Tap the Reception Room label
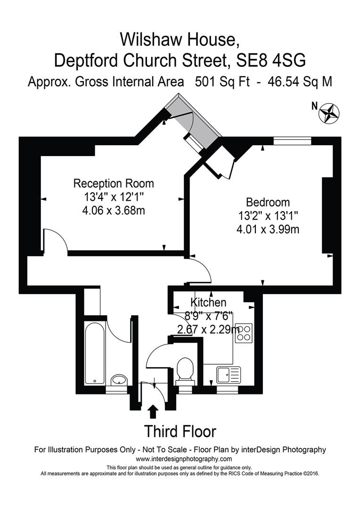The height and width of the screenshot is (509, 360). coord(114,183)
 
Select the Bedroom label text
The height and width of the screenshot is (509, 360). coord(268,203)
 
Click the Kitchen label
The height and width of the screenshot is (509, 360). coord(208,303)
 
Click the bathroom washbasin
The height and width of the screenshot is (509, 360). coord(118,380)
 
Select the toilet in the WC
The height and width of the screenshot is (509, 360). coord(184,370)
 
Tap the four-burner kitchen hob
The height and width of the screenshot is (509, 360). coord(244,333)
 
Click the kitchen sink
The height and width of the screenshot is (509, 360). coord(229,375)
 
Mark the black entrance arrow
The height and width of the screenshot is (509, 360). coord(153,411)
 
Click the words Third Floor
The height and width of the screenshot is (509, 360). coord(180,431)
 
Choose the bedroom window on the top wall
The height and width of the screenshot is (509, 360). coord(292,140)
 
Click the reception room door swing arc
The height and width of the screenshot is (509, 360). coord(57,240)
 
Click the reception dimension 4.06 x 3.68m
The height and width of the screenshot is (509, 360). coord(114,211)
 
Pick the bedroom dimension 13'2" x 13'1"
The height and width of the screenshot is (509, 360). coord(268,216)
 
